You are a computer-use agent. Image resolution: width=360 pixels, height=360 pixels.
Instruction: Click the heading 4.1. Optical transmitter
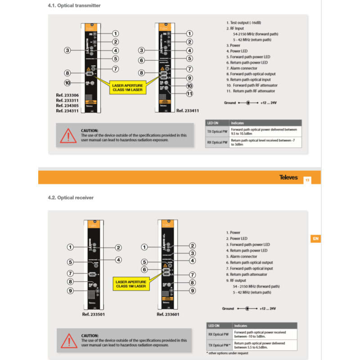click(74, 5)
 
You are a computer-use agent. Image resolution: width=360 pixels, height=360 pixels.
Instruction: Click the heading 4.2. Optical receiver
click(71, 197)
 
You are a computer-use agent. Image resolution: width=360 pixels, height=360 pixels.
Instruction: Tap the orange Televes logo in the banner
click(288, 177)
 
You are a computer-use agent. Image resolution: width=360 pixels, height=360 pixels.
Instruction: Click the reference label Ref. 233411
click(188, 110)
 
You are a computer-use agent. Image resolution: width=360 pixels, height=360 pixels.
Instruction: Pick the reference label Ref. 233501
click(93, 314)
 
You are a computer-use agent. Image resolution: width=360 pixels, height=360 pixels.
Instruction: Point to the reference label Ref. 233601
click(168, 314)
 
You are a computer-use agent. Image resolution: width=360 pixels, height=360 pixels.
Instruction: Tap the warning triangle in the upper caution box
click(68, 135)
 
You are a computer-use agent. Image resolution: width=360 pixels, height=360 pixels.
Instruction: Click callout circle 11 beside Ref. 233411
click(189, 94)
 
